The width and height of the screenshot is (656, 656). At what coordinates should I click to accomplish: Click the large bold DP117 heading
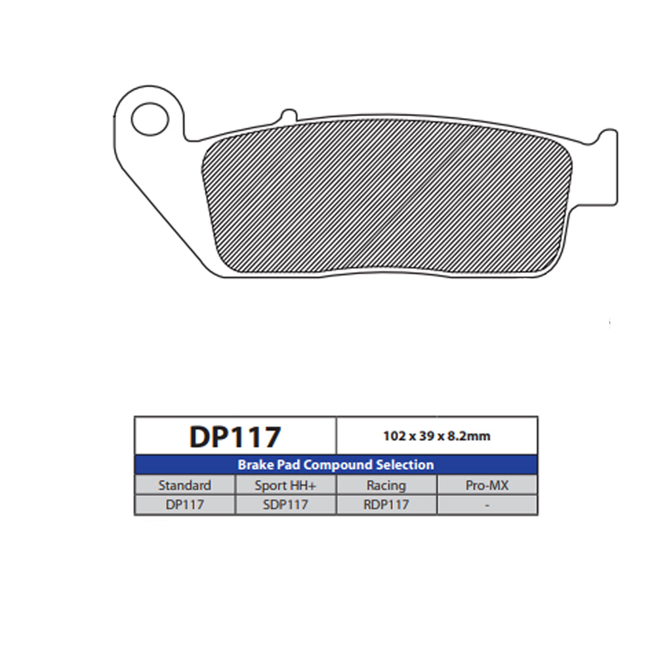click(x=235, y=437)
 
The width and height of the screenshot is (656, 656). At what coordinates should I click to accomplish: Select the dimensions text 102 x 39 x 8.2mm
click(x=436, y=436)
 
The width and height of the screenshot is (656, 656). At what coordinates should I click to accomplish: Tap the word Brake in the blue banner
click(x=255, y=465)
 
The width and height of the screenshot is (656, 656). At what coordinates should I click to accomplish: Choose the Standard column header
click(x=184, y=485)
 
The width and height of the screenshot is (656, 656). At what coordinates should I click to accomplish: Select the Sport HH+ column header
click(x=285, y=485)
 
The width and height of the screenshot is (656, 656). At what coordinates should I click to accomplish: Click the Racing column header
click(x=386, y=485)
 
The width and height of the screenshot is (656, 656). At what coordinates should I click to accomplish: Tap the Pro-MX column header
click(x=487, y=485)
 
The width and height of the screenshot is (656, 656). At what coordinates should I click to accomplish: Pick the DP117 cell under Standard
click(x=184, y=504)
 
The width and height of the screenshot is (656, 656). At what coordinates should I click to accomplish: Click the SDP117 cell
click(x=285, y=504)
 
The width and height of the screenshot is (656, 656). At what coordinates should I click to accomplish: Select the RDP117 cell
click(x=386, y=504)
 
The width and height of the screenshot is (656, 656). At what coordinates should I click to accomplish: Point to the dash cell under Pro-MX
click(x=487, y=504)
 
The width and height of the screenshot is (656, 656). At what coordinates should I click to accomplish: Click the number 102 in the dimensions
click(x=394, y=436)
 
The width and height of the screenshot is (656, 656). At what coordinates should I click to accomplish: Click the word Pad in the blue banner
click(x=287, y=465)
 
